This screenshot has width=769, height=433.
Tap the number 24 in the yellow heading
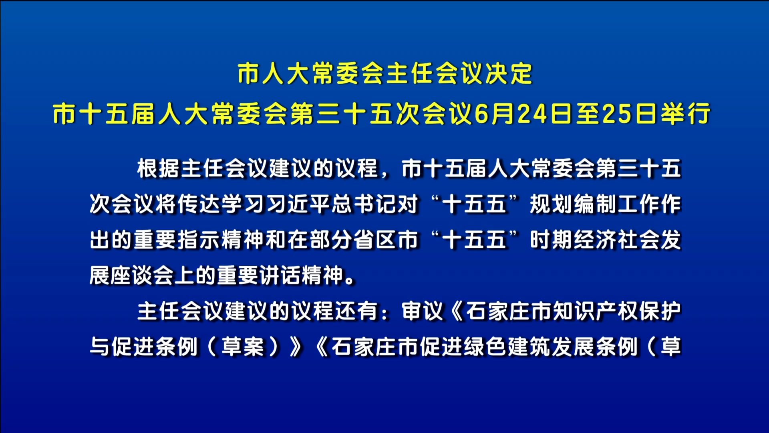533,113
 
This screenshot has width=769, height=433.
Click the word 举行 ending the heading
686,113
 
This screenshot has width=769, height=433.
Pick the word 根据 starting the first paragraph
158,168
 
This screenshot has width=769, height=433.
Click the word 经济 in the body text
595,240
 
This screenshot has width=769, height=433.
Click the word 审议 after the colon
423,311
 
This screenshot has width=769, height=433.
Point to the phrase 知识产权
595,311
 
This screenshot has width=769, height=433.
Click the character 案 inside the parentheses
254,347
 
